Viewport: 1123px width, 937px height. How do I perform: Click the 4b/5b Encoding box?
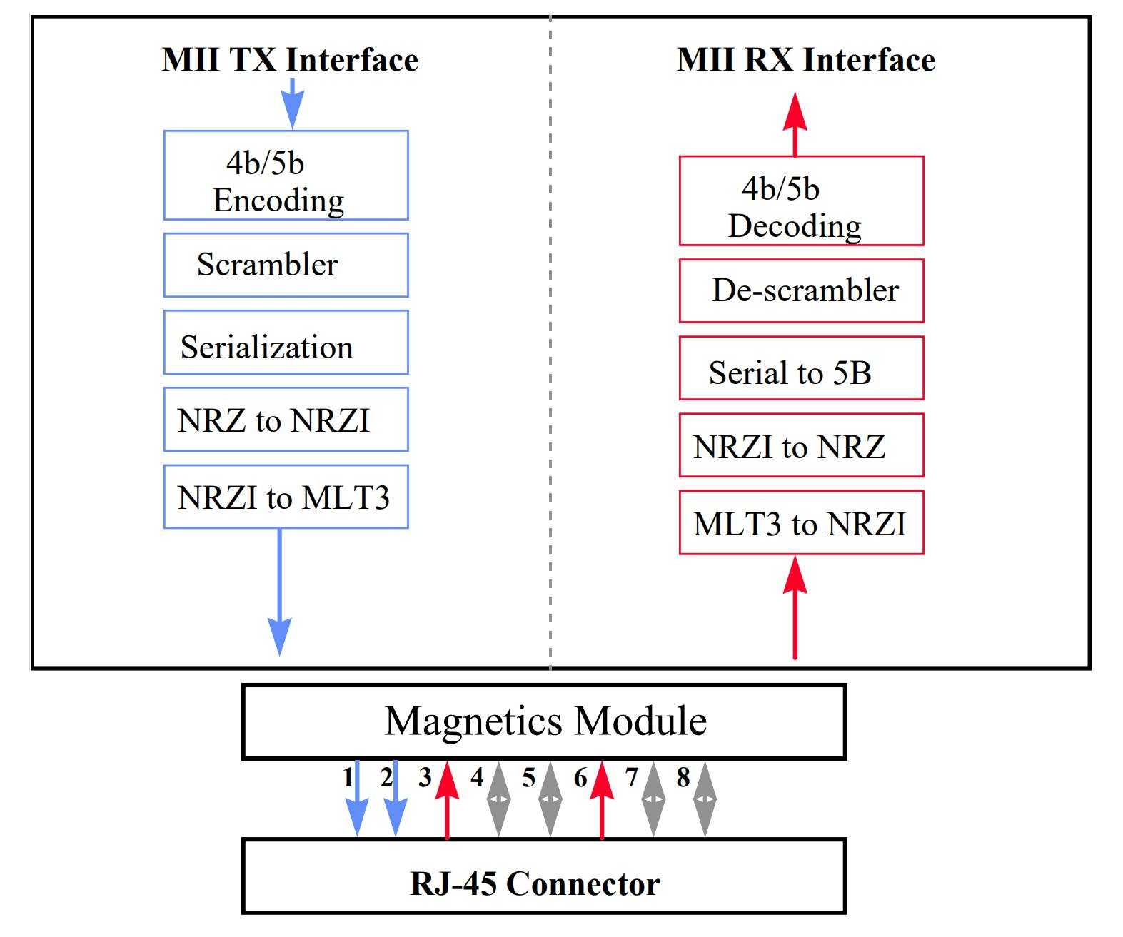[286, 175]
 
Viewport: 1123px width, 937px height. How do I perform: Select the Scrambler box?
[286, 265]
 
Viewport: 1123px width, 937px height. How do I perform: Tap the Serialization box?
[286, 342]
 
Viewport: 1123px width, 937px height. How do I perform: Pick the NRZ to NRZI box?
[286, 420]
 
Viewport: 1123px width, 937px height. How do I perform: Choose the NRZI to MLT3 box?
[286, 497]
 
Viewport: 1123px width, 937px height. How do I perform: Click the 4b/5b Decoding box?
[801, 201]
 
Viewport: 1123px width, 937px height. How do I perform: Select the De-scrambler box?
[801, 290]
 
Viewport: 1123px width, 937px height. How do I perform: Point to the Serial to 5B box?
[801, 368]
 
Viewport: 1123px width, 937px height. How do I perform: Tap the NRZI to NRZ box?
[801, 445]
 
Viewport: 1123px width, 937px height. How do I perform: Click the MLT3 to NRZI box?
[801, 522]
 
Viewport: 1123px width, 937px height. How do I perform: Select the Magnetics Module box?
[544, 721]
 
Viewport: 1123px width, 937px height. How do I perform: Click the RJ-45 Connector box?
[544, 876]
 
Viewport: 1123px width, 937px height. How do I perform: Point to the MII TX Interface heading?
[290, 60]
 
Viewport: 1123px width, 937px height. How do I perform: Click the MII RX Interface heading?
[806, 60]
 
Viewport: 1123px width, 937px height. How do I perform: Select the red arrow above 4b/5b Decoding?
[795, 124]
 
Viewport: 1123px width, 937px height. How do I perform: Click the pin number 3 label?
[425, 778]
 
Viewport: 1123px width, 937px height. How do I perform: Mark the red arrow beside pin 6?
[602, 799]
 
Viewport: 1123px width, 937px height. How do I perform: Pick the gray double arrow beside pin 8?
[705, 799]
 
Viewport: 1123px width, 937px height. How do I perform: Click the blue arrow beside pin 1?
[357, 799]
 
